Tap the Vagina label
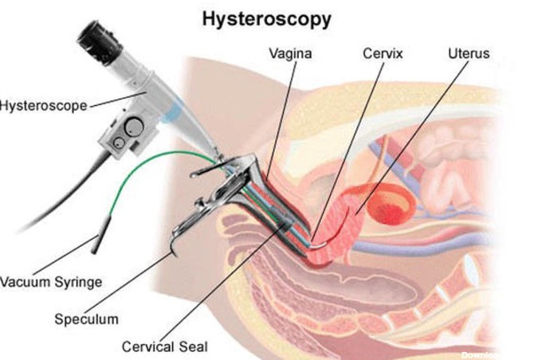pos(289,55)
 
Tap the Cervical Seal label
pos(164,346)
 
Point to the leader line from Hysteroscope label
pos(116,99)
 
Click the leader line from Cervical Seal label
pos(231,279)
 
